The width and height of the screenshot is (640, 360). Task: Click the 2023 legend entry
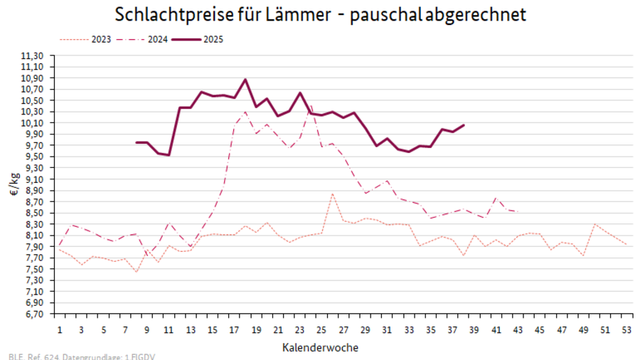[x=85, y=39]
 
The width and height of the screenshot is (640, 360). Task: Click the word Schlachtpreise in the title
[x=170, y=15]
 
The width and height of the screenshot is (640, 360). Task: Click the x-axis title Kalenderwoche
[x=320, y=348]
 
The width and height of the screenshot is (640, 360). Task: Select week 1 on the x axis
[x=60, y=330]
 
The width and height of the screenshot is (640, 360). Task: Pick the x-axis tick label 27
[x=343, y=330]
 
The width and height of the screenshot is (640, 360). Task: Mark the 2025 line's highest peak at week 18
[x=245, y=79]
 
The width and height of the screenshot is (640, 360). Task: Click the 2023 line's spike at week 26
[x=332, y=194]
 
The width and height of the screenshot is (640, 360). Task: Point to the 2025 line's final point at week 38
[x=464, y=125]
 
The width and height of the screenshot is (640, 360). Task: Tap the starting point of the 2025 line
[x=137, y=142]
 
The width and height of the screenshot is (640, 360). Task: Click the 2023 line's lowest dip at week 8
[x=137, y=272]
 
